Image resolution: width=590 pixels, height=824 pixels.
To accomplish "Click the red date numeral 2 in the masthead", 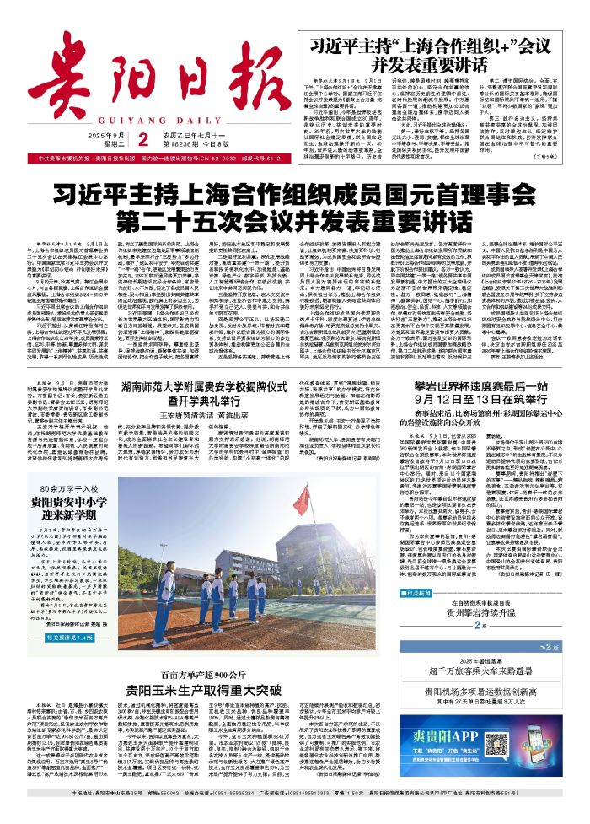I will click(x=143, y=116).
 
